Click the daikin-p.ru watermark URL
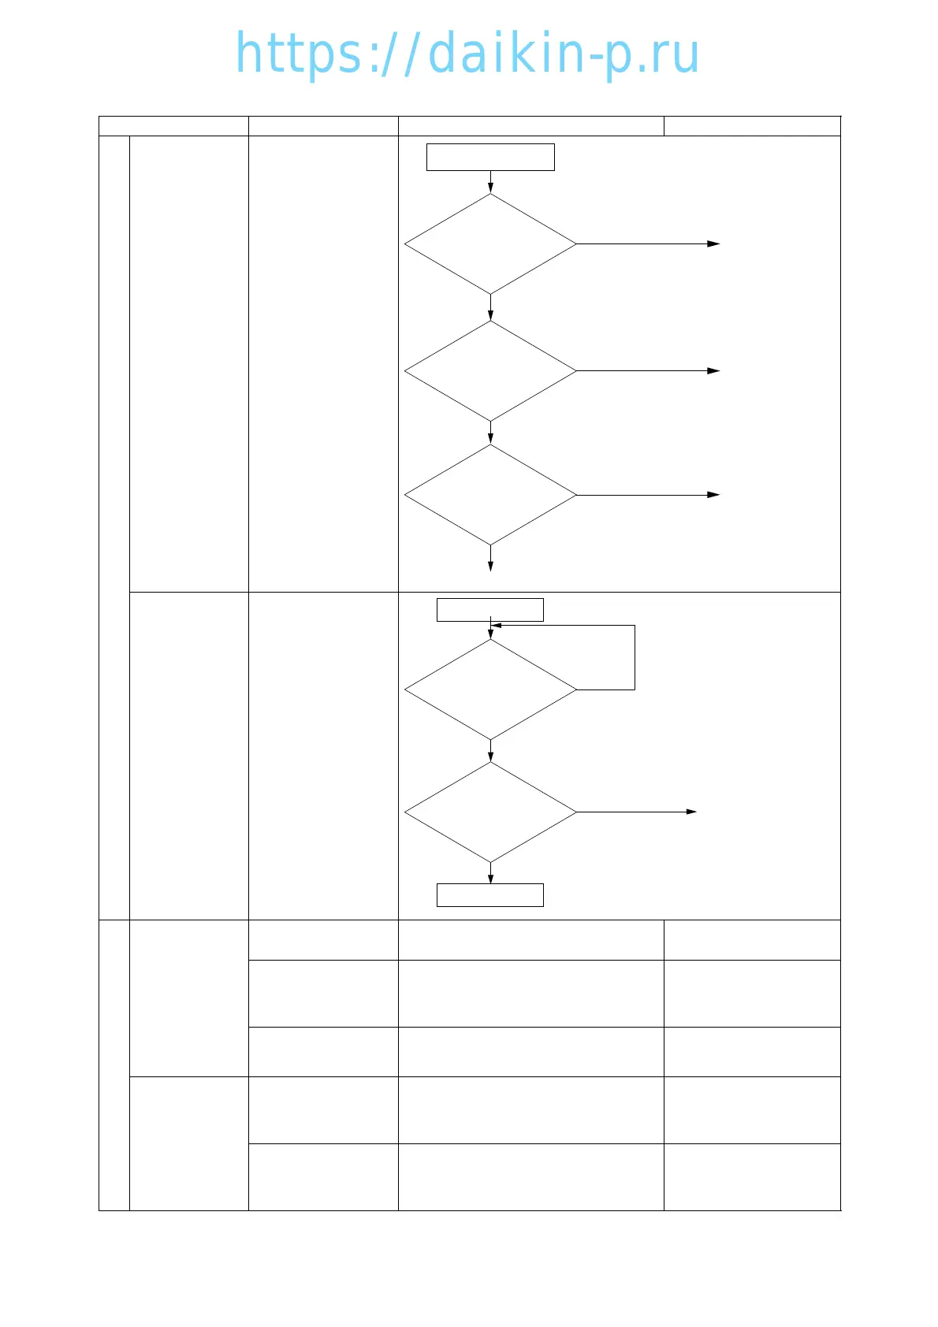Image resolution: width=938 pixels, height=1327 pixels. point(467,54)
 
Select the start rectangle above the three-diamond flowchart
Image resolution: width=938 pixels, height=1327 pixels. point(490,157)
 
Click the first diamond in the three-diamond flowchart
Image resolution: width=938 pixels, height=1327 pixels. point(490,244)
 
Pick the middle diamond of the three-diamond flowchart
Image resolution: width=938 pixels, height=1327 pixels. point(490,370)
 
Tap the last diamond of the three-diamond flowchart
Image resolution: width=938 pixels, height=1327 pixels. point(490,495)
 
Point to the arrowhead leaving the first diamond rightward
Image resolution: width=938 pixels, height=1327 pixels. point(714,244)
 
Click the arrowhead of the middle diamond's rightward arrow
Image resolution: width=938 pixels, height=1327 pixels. point(714,370)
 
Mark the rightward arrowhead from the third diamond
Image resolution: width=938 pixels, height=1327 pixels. point(714,495)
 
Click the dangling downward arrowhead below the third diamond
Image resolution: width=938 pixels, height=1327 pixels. point(490,567)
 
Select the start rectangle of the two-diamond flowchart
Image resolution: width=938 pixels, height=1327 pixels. point(490,609)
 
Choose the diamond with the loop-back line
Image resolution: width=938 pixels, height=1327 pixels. point(490,690)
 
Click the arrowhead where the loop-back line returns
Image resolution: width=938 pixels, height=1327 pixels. point(496,626)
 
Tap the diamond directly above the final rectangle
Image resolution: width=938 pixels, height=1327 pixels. point(490,812)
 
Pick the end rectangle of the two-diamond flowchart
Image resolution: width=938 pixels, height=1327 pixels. point(490,895)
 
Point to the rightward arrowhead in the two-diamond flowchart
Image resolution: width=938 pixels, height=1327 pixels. point(691,812)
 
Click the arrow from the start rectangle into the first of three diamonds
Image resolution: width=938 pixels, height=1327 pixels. point(490,183)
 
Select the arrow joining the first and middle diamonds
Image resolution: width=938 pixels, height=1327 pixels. point(490,308)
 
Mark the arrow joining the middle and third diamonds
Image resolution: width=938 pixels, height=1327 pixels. point(490,433)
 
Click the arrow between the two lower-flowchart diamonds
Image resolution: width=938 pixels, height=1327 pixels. point(490,751)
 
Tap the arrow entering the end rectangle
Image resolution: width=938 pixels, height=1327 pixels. point(490,874)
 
